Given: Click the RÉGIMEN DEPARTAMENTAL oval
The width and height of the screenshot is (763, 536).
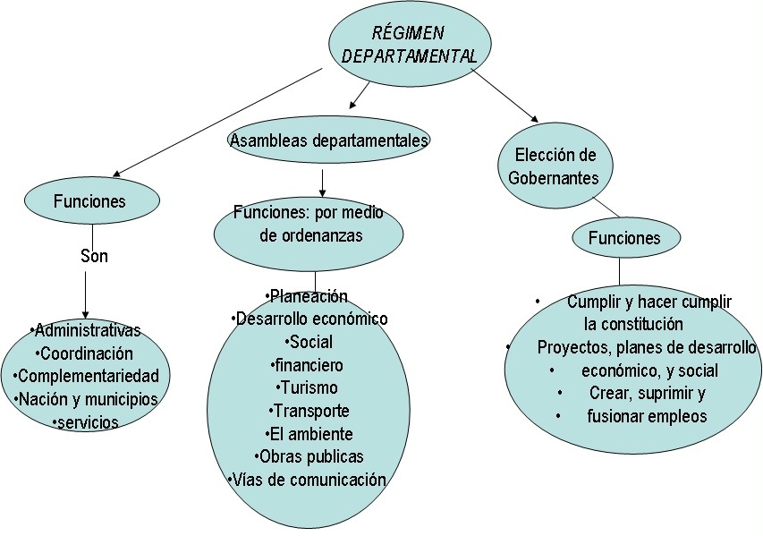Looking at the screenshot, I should point(409,45).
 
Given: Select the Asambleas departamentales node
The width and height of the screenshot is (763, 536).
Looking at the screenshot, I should point(328,140).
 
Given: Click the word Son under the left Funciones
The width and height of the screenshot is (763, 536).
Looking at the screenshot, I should point(94,257).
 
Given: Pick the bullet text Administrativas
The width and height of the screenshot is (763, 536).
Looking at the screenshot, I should point(86,331).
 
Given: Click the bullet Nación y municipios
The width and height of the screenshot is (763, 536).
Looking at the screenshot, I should point(86,399).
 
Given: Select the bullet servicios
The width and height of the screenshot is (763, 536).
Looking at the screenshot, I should point(86,421).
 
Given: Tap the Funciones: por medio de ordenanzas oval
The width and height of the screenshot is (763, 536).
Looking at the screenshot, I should point(309,224).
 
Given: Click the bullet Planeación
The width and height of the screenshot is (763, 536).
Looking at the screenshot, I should point(307,296).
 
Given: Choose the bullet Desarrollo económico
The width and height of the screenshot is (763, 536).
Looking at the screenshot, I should point(309,319).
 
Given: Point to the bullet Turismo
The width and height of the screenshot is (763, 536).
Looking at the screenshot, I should point(309,388).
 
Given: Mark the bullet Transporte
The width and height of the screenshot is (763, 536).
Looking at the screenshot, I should point(309,411).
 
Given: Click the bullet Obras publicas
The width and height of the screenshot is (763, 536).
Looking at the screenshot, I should point(309,457).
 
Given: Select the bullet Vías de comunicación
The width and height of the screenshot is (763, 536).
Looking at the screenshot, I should point(308,480).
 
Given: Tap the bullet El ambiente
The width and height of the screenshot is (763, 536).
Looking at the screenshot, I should point(309,434).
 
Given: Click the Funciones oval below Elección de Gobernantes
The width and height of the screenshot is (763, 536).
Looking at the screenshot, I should point(624,238).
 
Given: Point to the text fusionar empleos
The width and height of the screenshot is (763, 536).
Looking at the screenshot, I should point(646,416).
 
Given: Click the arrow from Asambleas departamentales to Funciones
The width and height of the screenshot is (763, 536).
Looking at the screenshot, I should point(322,182).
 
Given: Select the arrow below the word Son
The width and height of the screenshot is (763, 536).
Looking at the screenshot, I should point(85,291).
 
